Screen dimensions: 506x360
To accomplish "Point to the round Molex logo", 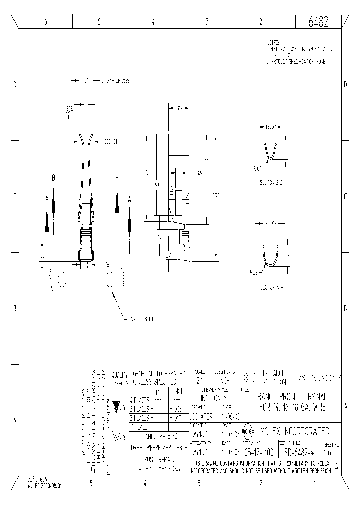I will pos(248,430).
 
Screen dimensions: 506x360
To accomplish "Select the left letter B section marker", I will pos(53,178).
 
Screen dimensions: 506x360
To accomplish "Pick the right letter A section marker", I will pos(130,199).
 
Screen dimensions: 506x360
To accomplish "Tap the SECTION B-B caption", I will pos(271,182).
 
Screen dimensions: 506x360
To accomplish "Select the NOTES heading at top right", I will pos(273,43).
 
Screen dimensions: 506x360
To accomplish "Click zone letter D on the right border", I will pos(345,85).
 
